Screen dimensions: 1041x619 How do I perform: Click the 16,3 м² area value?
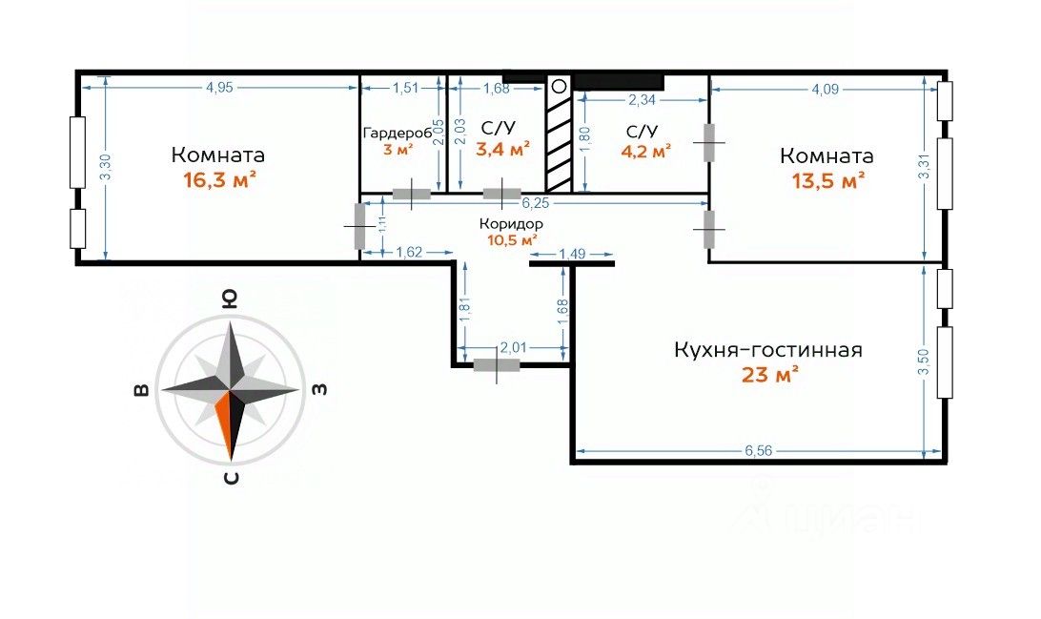tap(218, 179)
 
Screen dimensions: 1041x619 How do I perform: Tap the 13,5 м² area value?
tap(827, 179)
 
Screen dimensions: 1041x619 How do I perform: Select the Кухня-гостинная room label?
tap(767, 350)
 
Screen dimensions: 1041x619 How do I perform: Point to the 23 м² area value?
tap(769, 375)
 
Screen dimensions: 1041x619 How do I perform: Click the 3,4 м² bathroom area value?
tap(504, 149)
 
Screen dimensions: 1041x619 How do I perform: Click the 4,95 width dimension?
tap(219, 88)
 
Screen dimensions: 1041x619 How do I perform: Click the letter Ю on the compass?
tap(230, 298)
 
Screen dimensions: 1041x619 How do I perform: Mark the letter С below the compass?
tap(230, 478)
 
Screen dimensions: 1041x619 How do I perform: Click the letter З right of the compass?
tap(320, 389)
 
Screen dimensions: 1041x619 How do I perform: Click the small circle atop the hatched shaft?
tap(560, 86)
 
